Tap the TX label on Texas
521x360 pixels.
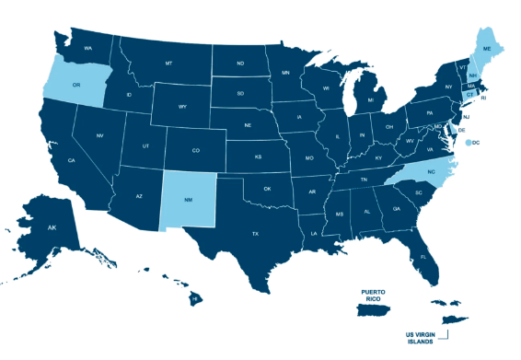[x=255, y=234]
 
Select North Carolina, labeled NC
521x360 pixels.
[x=430, y=173]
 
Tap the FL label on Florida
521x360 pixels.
[x=423, y=257]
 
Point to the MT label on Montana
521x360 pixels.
[x=168, y=64]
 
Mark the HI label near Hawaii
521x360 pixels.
[x=196, y=298]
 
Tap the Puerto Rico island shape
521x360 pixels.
[x=376, y=311]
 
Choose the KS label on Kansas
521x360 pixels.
[x=259, y=157]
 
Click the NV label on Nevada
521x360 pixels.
[x=99, y=136]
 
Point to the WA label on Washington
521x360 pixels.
[x=88, y=47]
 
